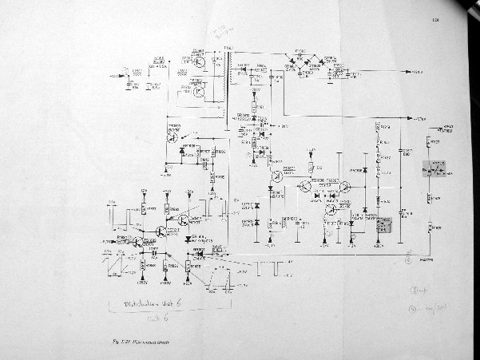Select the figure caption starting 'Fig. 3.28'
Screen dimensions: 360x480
click(145, 342)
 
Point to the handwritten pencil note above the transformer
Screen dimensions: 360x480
click(218, 32)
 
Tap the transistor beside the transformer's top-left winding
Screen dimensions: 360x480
click(199, 60)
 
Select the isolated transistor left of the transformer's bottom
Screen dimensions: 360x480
click(173, 136)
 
